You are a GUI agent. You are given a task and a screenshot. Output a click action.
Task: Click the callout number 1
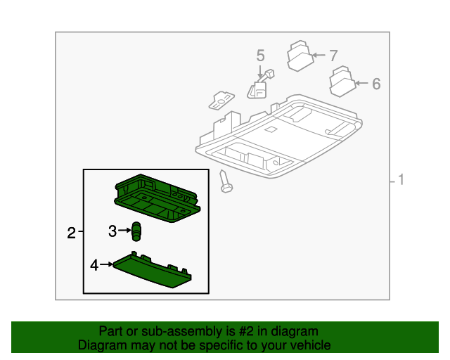tap(401, 181)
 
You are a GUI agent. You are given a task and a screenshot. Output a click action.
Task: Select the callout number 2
tap(71, 233)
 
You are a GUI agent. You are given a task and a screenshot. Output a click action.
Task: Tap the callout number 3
tap(112, 230)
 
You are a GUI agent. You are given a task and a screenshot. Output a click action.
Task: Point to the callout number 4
tap(94, 265)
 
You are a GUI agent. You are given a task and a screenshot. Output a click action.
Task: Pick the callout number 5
tap(260, 55)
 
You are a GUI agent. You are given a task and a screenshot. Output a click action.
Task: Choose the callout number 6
tap(376, 84)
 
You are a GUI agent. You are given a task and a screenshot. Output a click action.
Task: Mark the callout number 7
tap(334, 55)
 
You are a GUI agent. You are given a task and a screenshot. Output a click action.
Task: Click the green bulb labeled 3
tap(136, 230)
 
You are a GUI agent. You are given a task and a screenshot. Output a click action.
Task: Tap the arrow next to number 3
tap(124, 230)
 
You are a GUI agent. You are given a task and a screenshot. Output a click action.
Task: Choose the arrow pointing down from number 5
tap(260, 70)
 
